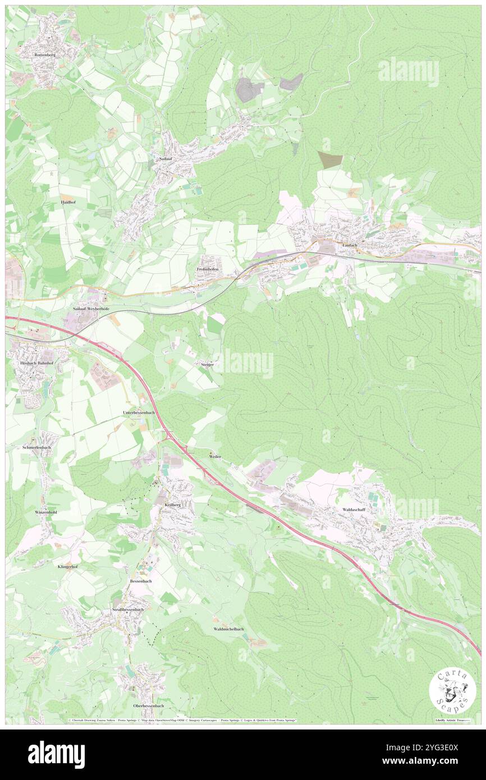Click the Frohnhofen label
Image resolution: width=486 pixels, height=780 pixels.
207,270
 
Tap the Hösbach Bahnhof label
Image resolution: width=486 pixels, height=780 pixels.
32,363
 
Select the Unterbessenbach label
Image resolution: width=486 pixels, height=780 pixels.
138,412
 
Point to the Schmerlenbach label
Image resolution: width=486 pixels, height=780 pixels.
36,447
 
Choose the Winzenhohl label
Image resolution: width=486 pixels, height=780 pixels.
46,513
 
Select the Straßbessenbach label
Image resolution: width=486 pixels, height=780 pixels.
127,609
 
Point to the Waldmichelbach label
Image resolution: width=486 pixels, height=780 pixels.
228,629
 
